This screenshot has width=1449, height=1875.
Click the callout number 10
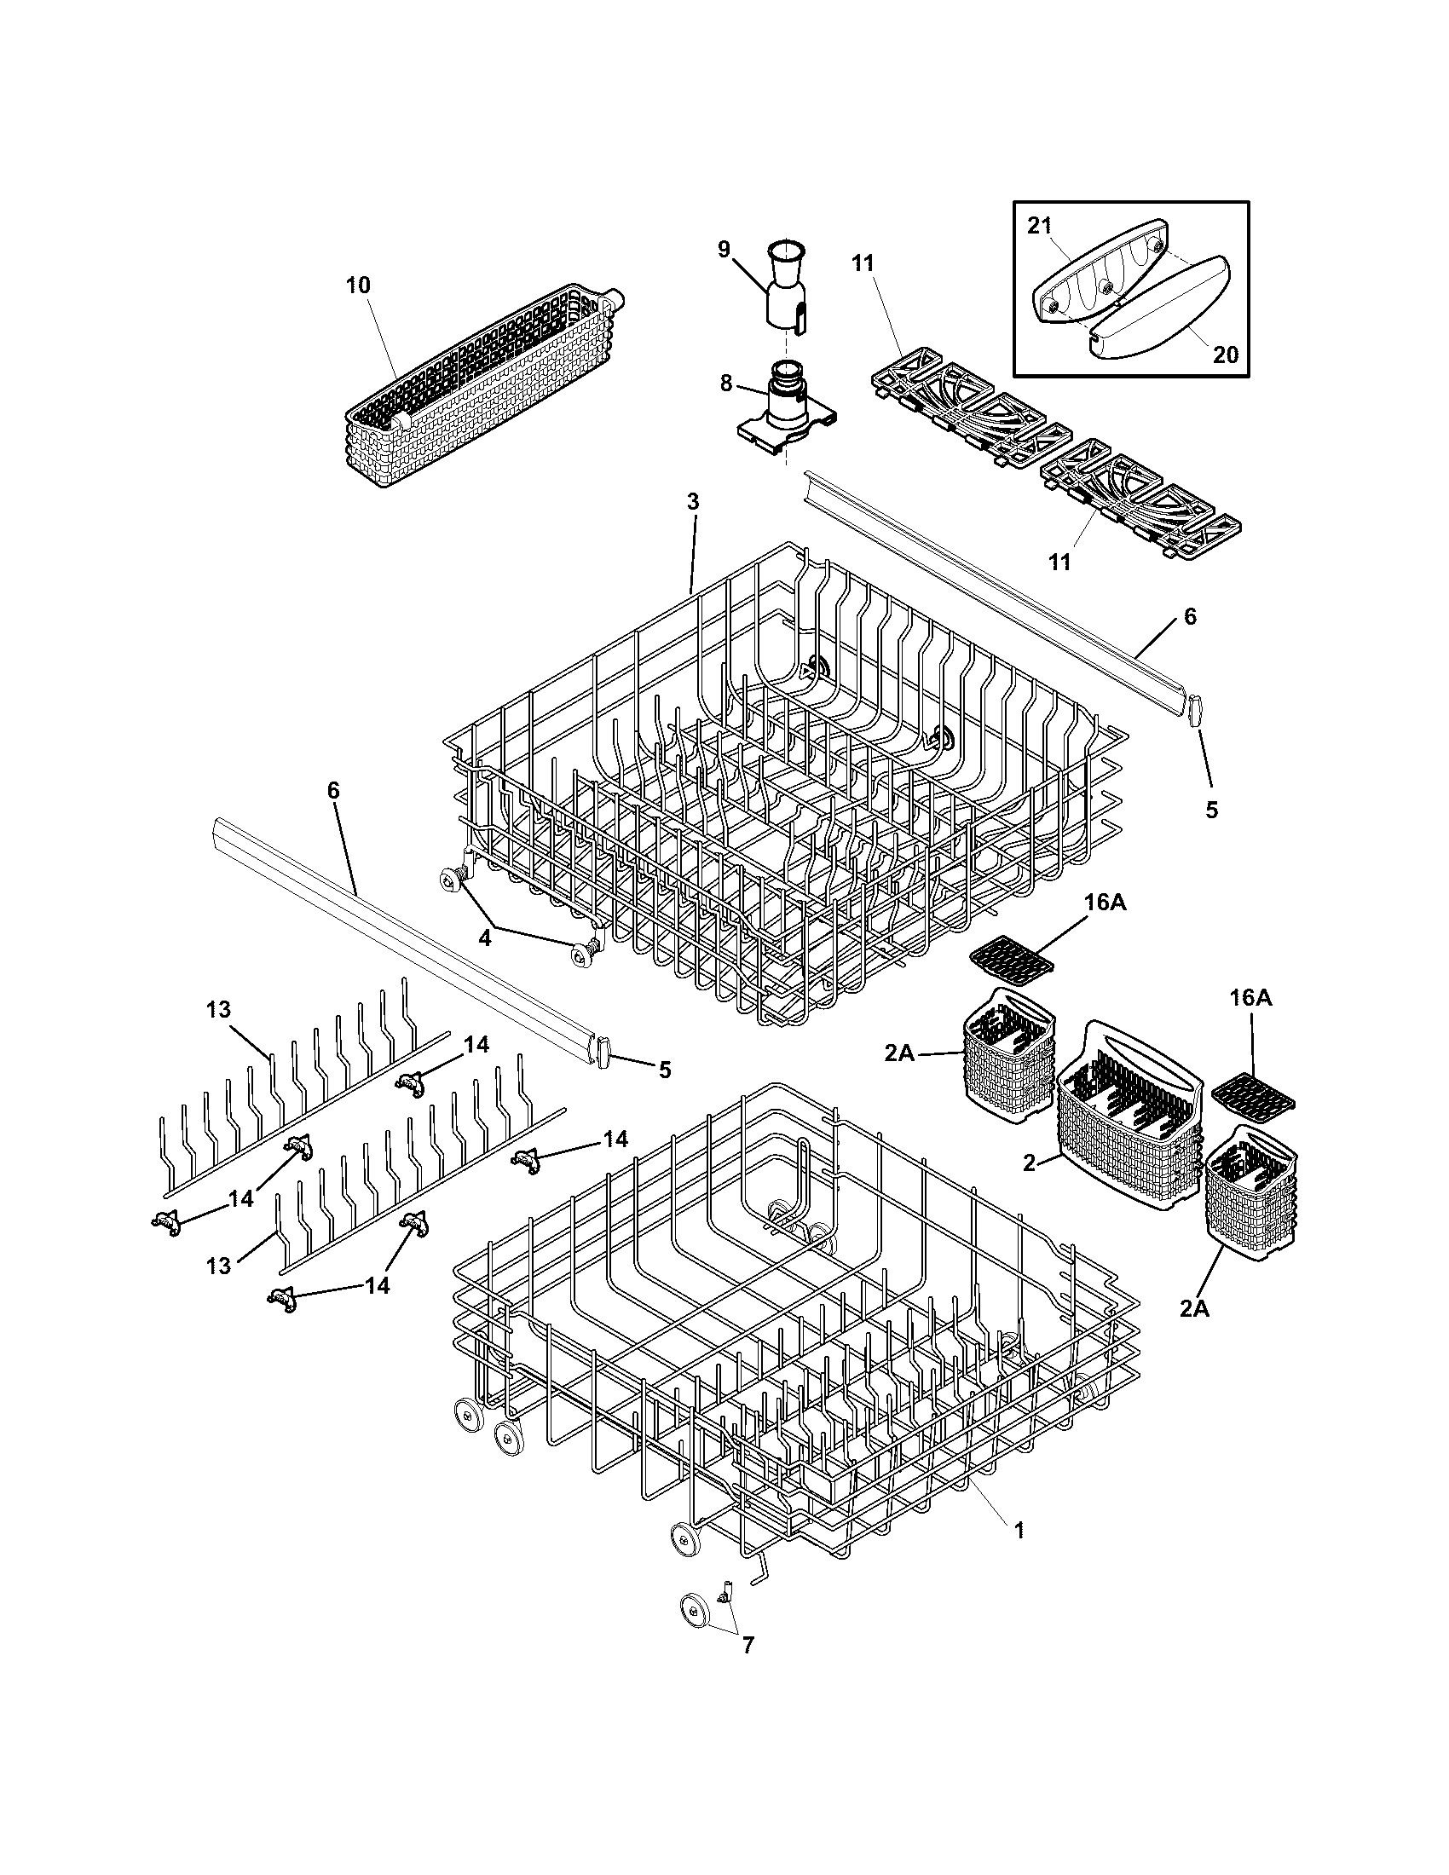358,285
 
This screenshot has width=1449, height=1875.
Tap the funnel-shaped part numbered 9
787,287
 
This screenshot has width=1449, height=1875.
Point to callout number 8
726,383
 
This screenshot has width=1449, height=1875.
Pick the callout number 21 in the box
1039,226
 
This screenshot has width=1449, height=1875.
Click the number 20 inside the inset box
1226,354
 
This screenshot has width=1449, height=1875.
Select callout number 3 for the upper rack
693,501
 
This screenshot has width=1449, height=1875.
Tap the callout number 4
485,938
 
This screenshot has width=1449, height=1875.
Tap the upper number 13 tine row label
219,1010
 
